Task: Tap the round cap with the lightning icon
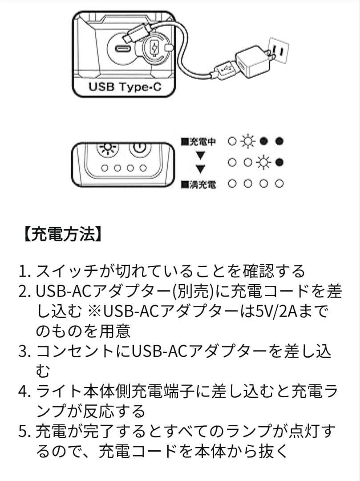[155, 48]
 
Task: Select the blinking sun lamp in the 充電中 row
[247, 142]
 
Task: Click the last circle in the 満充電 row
[279, 183]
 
